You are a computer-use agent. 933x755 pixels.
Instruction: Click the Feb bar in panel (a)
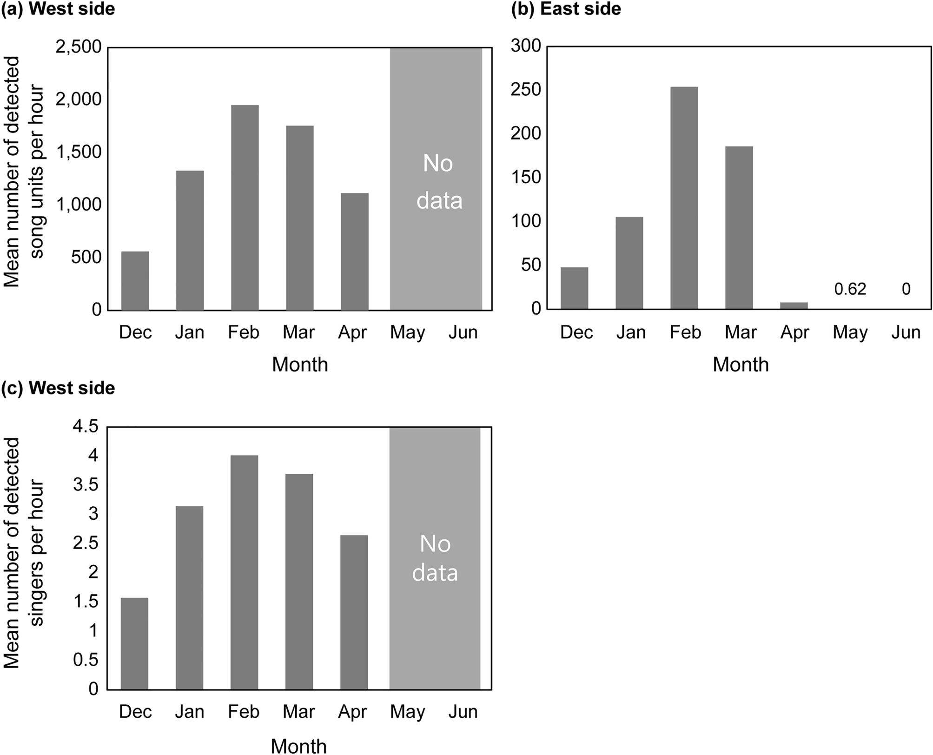[x=245, y=207]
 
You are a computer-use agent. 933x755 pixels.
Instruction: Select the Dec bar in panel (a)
[x=135, y=281]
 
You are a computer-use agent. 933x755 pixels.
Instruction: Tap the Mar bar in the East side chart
[x=739, y=228]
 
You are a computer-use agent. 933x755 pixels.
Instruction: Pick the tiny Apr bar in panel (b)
[x=794, y=305]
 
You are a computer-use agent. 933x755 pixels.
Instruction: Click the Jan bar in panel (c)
[x=189, y=598]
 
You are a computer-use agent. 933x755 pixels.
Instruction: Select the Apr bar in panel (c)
[x=354, y=612]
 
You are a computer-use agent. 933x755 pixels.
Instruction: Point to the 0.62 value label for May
[x=850, y=289]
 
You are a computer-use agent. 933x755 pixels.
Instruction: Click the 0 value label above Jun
[x=906, y=289]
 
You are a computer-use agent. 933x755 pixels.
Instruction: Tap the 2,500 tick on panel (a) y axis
[x=78, y=47]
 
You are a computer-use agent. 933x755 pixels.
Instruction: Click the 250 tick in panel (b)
[x=525, y=90]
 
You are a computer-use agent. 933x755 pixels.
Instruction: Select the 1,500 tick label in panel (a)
[x=78, y=152]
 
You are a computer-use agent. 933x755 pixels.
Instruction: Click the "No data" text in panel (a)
[x=438, y=182]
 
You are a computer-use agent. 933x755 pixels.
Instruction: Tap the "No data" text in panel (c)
[x=435, y=558]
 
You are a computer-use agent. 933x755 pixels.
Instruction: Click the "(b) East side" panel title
[x=566, y=9]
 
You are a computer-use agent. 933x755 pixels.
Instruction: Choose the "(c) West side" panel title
[x=58, y=388]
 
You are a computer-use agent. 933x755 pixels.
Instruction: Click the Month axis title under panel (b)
[x=740, y=364]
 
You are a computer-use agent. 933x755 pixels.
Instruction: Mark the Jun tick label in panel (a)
[x=463, y=332]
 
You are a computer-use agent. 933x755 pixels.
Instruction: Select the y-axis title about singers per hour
[x=23, y=553]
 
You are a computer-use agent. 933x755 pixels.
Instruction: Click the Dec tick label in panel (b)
[x=576, y=332]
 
